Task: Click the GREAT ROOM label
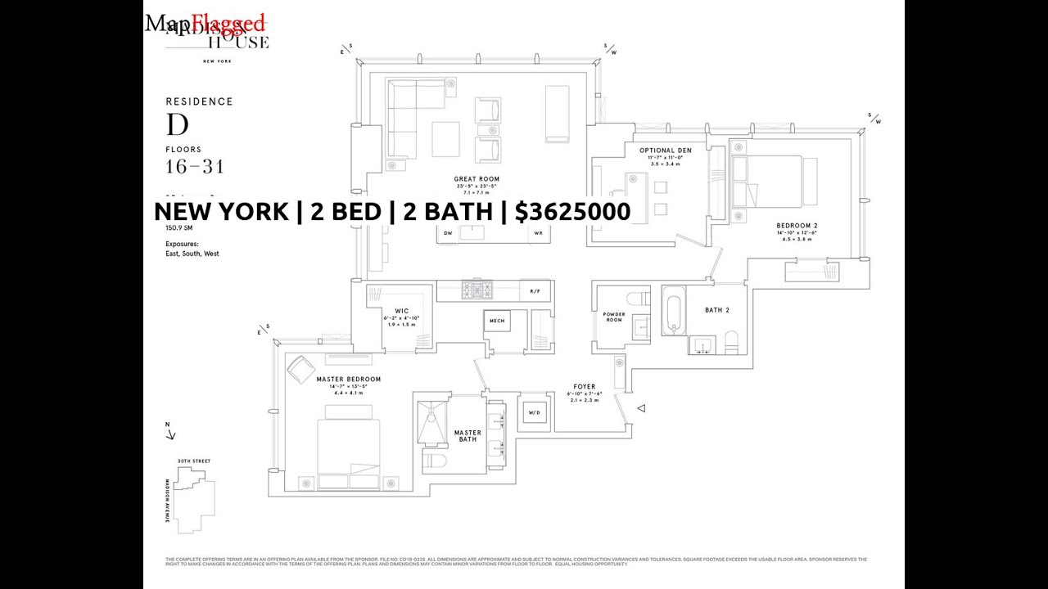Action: (x=477, y=179)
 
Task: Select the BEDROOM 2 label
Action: (x=797, y=226)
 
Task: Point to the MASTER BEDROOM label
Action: (x=348, y=380)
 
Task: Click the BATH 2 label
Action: (x=716, y=310)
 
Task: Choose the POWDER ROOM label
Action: (x=613, y=317)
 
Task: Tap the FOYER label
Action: (x=585, y=387)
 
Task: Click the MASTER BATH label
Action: (x=468, y=436)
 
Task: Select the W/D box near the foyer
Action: (x=535, y=413)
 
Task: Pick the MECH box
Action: (x=497, y=321)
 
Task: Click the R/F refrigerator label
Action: (x=535, y=291)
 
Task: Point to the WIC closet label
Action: (x=401, y=311)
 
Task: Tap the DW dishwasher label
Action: (x=448, y=233)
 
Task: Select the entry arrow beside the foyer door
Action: (x=641, y=408)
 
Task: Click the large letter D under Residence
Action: (x=178, y=125)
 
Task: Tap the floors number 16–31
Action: (x=194, y=167)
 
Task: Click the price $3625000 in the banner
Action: (x=573, y=212)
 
